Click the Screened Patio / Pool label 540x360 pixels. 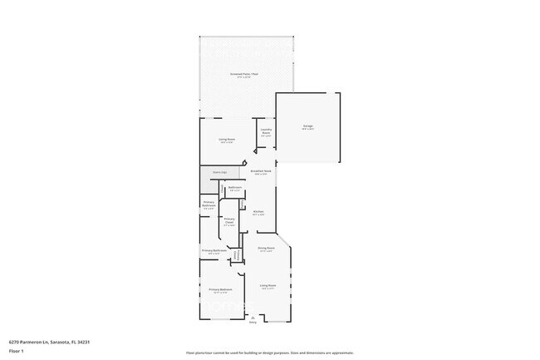point(245,75)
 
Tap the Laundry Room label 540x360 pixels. point(267,130)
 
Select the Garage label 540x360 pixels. point(307,126)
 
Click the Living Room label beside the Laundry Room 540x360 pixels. point(226,140)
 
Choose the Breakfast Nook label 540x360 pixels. point(261,171)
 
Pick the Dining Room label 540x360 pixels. point(266,249)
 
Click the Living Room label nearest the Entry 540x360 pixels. point(268,285)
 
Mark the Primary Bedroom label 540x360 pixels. point(220,290)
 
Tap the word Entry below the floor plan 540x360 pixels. point(253,323)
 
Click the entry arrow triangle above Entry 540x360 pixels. point(253,317)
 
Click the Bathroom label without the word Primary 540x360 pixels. point(235,188)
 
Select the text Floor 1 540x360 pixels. point(16,351)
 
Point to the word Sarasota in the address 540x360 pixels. point(61,341)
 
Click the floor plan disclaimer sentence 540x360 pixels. point(270,353)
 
